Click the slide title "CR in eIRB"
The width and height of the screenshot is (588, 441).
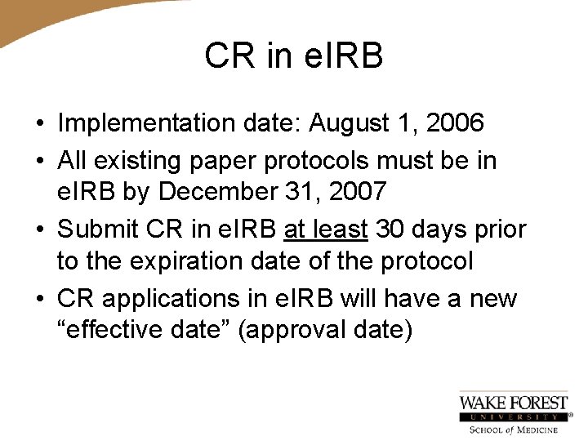pos(294,57)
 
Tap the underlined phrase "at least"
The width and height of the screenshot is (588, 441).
pos(326,229)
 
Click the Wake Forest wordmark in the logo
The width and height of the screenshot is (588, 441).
pos(514,403)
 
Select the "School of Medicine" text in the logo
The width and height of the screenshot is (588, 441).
pos(514,430)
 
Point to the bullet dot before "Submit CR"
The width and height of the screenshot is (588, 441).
pos(39,230)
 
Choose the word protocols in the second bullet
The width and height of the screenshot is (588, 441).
pos(324,161)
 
